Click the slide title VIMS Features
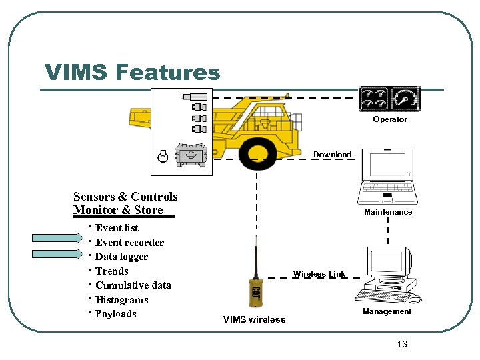[x=132, y=72]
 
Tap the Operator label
[x=389, y=119]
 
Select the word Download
[x=332, y=155]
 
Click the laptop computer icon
[x=388, y=177]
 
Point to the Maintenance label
[x=388, y=212]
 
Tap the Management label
[x=387, y=311]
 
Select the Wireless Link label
[x=319, y=274]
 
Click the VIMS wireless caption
[x=254, y=319]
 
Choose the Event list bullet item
[x=117, y=228]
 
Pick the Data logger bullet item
[x=121, y=257]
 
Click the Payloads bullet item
[x=115, y=314]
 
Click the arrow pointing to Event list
[x=59, y=237]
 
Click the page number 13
[x=401, y=344]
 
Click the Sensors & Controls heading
[x=125, y=197]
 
